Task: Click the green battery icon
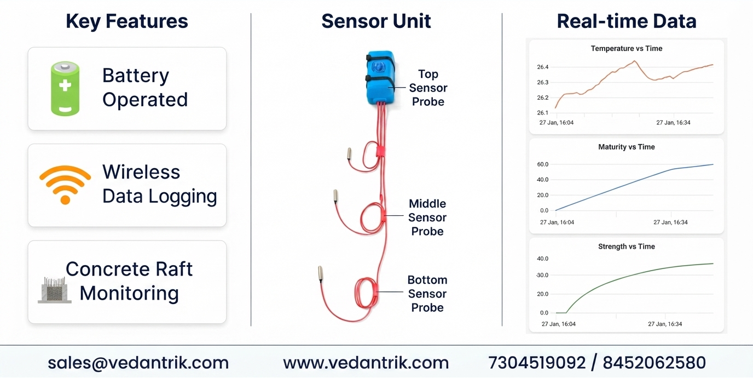click(x=65, y=89)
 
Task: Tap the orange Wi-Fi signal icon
click(x=65, y=185)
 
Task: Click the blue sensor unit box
click(x=380, y=77)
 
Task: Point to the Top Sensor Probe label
click(x=428, y=88)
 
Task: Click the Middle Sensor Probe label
click(x=427, y=217)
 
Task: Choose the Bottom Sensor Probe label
click(x=427, y=294)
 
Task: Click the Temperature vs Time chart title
click(x=627, y=48)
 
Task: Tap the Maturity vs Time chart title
click(x=627, y=147)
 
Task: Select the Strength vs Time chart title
click(x=627, y=247)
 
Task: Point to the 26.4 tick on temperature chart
click(x=542, y=67)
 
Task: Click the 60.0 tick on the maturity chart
click(x=542, y=164)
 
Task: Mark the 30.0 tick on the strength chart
click(x=542, y=275)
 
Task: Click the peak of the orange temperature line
click(x=634, y=61)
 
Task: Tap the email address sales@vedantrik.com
click(x=138, y=363)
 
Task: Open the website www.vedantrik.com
click(x=366, y=363)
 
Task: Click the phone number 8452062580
click(x=654, y=363)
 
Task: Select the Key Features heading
click(x=127, y=21)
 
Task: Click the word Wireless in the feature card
click(x=141, y=172)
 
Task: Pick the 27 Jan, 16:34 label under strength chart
click(x=665, y=324)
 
